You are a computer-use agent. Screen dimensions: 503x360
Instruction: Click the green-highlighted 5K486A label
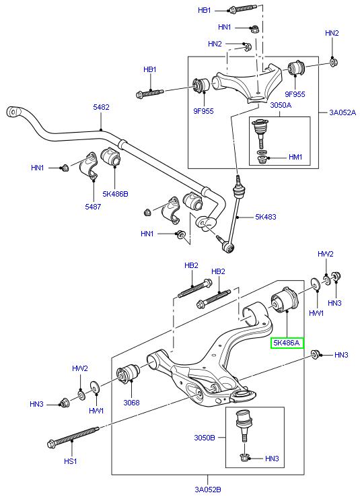click(x=287, y=343)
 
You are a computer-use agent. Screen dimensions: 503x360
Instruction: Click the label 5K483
click(x=265, y=217)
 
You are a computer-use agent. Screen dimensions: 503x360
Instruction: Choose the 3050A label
click(x=262, y=105)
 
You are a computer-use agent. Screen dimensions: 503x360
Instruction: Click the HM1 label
click(x=295, y=158)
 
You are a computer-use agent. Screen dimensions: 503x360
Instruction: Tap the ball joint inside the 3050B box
click(x=243, y=425)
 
